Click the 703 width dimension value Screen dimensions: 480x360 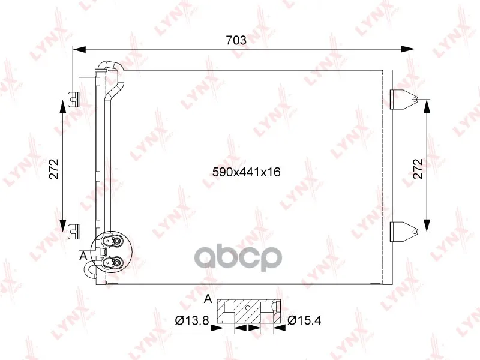click(236, 40)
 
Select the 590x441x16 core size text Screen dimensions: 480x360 click(247, 172)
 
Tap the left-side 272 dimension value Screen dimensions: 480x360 click(53, 169)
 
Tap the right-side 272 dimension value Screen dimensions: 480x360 click(417, 169)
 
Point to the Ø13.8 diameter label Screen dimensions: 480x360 click(192, 320)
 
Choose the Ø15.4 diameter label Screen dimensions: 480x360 click(304, 320)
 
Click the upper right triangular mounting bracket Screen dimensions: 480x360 click(404, 100)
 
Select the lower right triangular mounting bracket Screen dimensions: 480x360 click(404, 232)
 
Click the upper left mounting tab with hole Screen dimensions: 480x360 click(73, 99)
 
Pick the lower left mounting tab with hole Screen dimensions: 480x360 click(73, 232)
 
